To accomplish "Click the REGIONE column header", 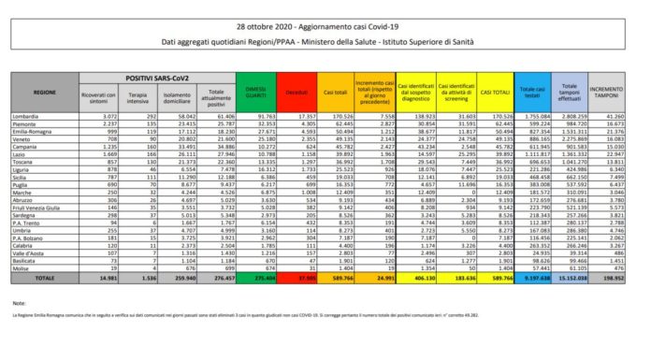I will [x=44, y=94].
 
